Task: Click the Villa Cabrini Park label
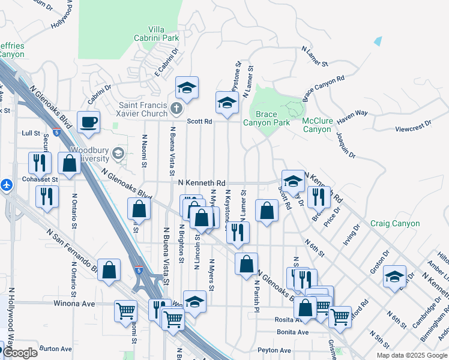click(x=156, y=34)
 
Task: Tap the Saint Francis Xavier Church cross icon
click(x=176, y=109)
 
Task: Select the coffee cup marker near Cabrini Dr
click(x=89, y=122)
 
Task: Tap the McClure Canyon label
click(x=316, y=125)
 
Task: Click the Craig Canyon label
click(x=394, y=223)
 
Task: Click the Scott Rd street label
click(x=200, y=121)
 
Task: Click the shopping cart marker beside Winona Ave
click(x=125, y=311)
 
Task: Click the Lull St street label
click(x=30, y=133)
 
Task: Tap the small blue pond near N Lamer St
click(x=378, y=41)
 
